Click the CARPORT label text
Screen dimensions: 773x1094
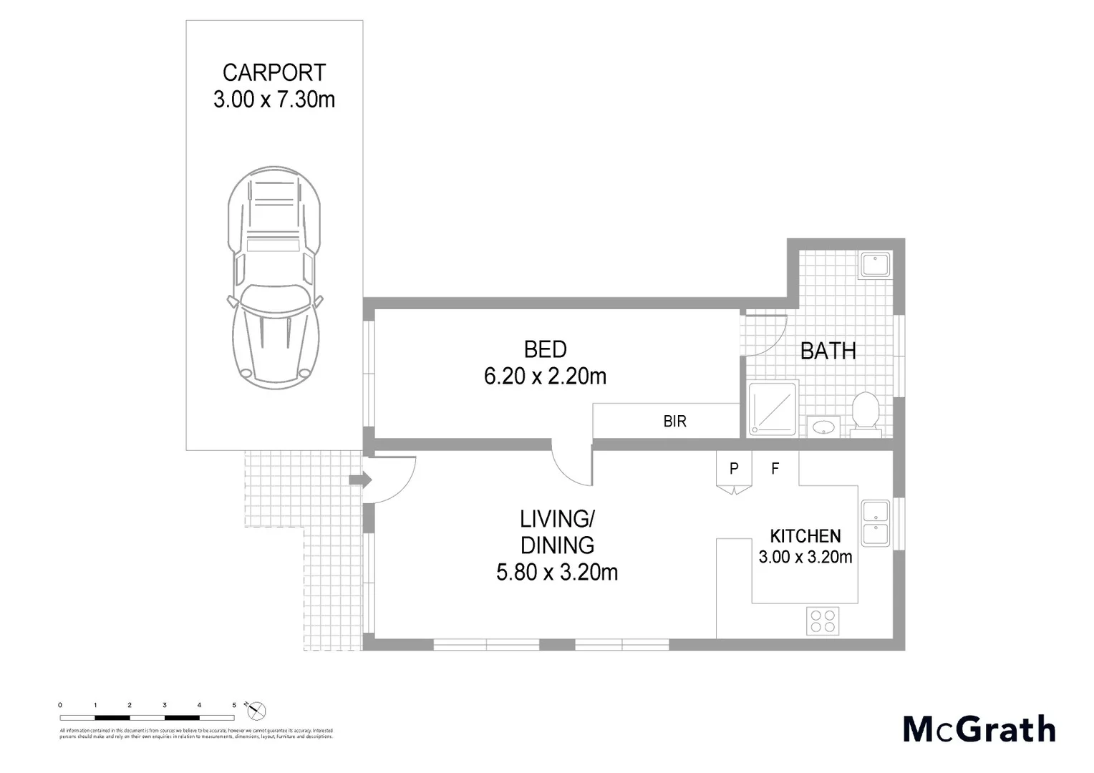(274, 73)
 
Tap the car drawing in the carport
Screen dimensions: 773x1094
(274, 276)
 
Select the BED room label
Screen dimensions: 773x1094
(545, 349)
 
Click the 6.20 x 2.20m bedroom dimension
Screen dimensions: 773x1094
(545, 376)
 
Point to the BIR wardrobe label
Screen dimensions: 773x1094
(674, 422)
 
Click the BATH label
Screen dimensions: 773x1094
(828, 351)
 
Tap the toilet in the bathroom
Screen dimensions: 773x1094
(866, 414)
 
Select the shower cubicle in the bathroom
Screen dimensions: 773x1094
(773, 409)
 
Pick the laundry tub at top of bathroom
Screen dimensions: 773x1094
(875, 265)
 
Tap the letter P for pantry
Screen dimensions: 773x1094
(734, 470)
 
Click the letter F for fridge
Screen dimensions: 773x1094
(775, 470)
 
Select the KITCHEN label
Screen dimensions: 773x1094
(805, 535)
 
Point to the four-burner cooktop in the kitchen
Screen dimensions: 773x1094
(823, 620)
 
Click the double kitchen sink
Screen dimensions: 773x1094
(876, 523)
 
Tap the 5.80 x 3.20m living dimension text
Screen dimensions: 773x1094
(557, 573)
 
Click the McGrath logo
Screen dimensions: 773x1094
(979, 729)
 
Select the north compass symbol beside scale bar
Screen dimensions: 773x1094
(256, 711)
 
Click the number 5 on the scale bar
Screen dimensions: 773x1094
(234, 705)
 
